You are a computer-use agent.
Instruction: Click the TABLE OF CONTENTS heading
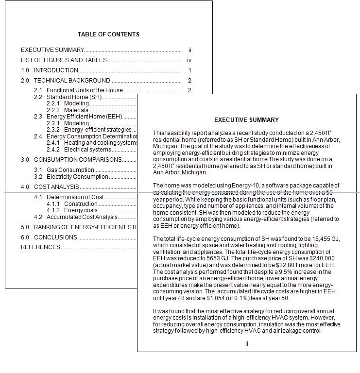point(108,34)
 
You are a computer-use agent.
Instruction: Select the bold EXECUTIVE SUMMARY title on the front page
point(246,120)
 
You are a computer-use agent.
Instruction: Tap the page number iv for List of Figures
point(189,60)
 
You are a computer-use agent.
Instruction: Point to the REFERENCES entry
point(40,247)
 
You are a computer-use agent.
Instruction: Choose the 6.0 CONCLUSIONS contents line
point(49,237)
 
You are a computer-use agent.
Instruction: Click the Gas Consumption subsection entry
point(70,170)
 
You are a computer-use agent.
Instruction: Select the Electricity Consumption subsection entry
point(77,177)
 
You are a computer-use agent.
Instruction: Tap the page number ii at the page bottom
point(246,344)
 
